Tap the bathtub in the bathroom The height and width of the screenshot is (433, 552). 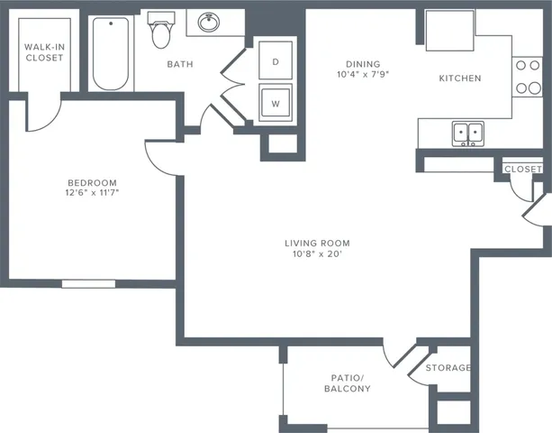(x=111, y=54)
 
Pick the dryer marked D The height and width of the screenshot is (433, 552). (x=276, y=62)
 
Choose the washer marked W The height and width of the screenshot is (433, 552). (x=276, y=103)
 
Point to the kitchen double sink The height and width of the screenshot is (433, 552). (x=466, y=134)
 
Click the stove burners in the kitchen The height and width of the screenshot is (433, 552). (x=523, y=77)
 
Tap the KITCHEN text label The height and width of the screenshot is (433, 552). (x=459, y=78)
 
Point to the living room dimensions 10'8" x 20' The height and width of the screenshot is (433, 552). (x=317, y=254)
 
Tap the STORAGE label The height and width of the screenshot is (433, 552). (x=448, y=368)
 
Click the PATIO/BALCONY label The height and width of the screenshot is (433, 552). (x=347, y=382)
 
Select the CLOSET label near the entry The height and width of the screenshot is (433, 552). (x=522, y=169)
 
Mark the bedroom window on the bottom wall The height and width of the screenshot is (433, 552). (x=94, y=283)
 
